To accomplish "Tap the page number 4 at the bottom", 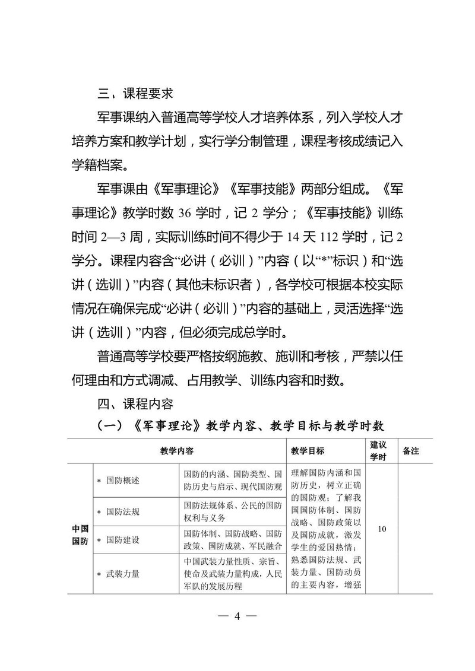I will click(x=237, y=616).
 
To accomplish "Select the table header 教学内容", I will click(x=177, y=451).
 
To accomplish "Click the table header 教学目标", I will click(x=308, y=451).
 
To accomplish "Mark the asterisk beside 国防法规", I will click(x=99, y=511).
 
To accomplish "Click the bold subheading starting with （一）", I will click(x=237, y=426).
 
